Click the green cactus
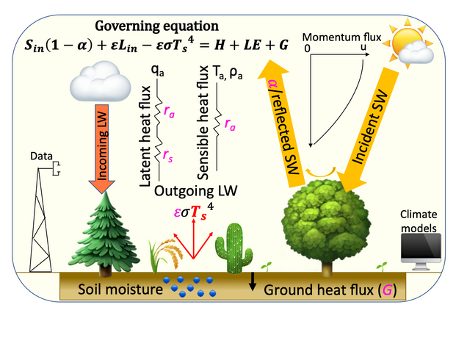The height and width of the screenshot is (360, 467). pos(236,248)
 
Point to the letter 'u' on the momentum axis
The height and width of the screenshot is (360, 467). pos(363,48)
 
